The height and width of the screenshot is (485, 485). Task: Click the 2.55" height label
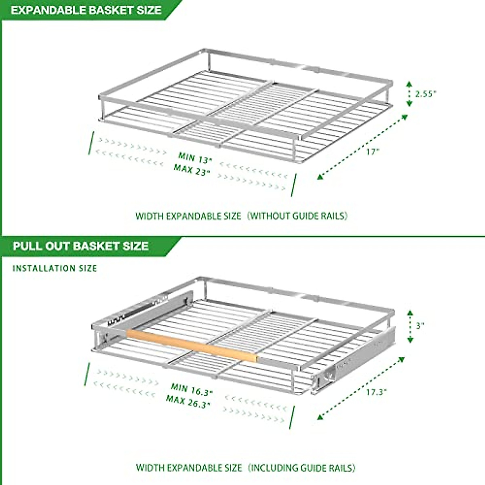pos(426,94)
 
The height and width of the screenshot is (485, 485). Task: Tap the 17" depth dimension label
pos(372,152)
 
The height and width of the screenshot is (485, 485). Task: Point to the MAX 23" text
pos(192,169)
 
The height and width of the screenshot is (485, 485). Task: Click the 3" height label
pos(420,325)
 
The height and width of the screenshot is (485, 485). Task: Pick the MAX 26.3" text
pos(189,401)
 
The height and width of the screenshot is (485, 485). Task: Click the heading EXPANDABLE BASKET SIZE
pos(86,10)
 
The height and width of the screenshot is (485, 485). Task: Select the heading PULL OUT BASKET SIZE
pos(80,246)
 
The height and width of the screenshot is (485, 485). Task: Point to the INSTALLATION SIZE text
pos(55,268)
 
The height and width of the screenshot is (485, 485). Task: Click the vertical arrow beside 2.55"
pos(409,94)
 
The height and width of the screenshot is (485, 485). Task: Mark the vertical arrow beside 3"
pos(410,326)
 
